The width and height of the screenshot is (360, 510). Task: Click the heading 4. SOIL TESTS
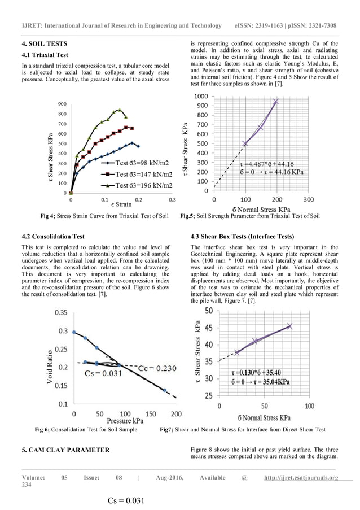point(44,43)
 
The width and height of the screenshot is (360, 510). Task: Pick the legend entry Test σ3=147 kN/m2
point(145,174)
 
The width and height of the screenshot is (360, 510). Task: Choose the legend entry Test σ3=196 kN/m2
point(145,185)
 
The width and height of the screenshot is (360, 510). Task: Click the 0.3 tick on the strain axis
point(172,199)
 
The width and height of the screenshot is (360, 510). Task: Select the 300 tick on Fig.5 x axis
point(309,199)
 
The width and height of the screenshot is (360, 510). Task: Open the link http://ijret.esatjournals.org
point(301,478)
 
